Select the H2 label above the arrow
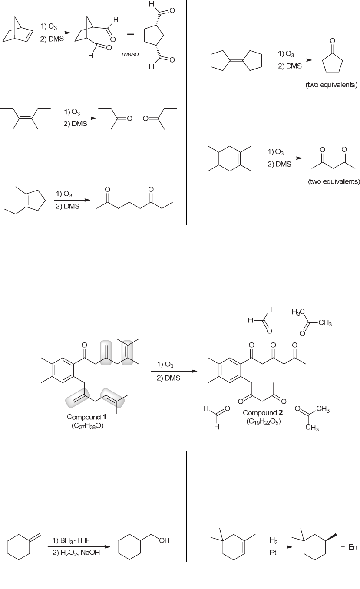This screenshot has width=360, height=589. [x=273, y=541]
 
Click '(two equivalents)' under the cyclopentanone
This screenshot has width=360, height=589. [x=331, y=85]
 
